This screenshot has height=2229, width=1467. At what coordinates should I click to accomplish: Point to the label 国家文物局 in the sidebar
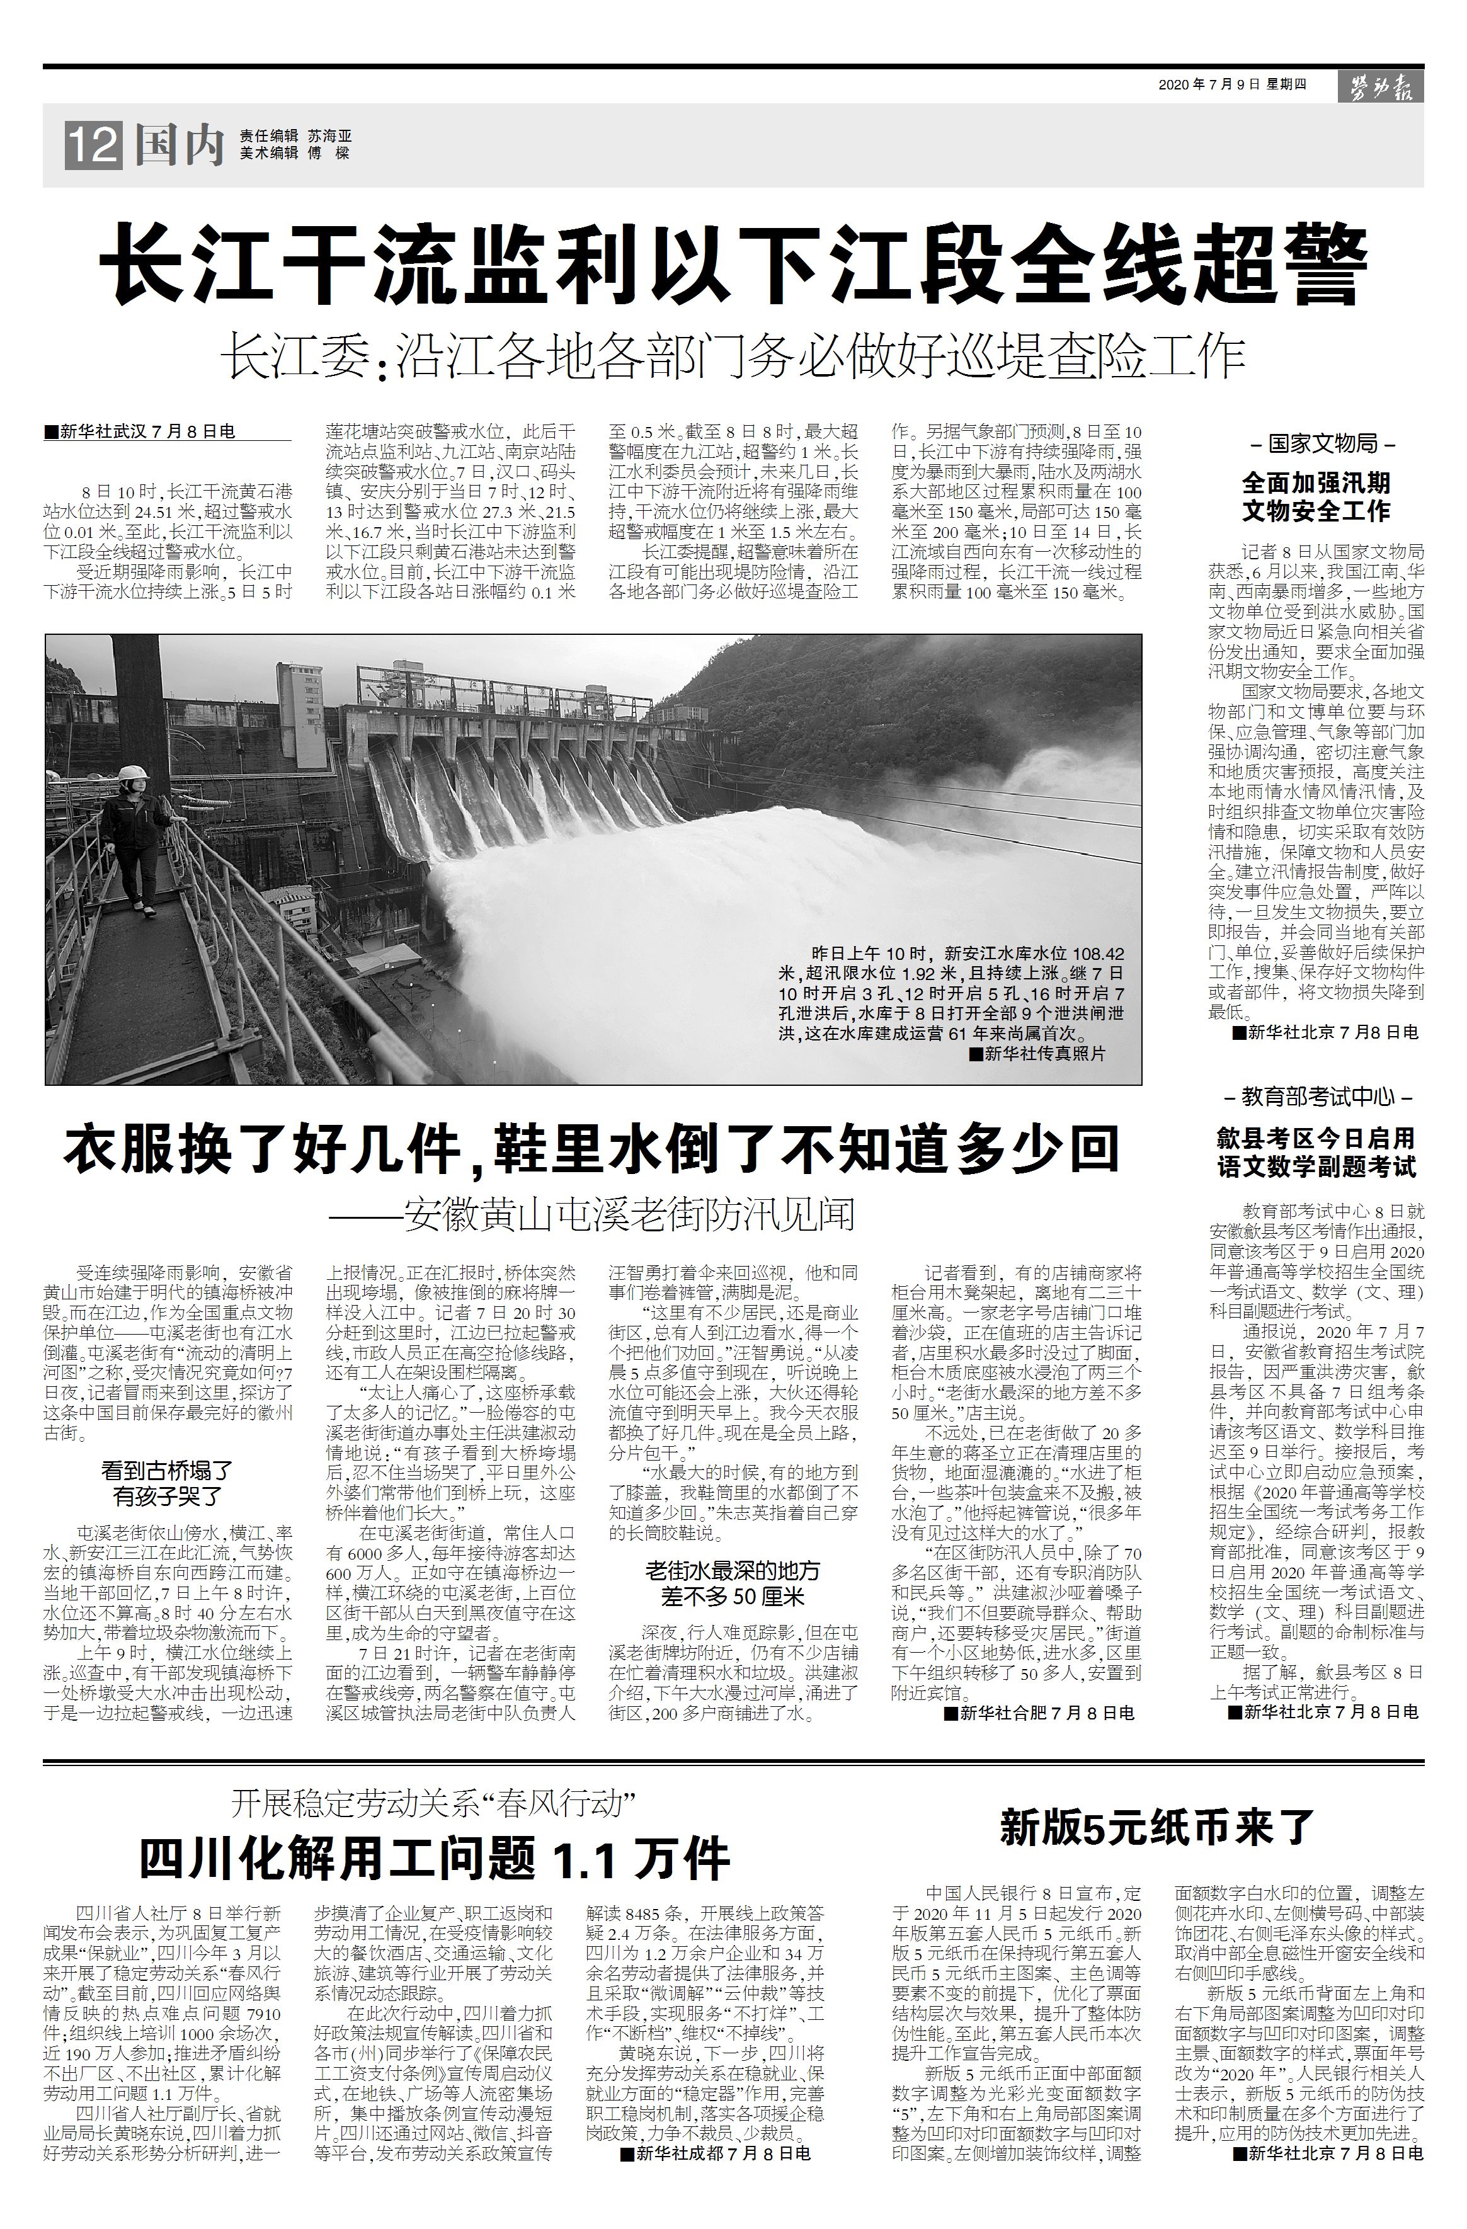click(x=1321, y=444)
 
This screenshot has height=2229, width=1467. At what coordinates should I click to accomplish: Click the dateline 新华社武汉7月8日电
click(x=140, y=431)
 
